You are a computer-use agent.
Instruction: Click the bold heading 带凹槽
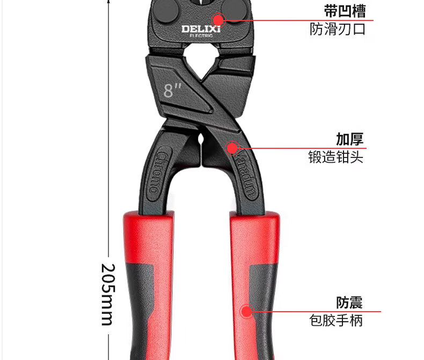[x=345, y=11]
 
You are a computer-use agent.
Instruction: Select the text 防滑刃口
[x=338, y=30]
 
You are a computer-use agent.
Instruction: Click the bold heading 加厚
[x=349, y=139]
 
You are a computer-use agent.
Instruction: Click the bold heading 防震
[x=349, y=302]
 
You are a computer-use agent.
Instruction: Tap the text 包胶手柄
[x=336, y=321]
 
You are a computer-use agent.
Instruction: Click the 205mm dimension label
[x=108, y=294]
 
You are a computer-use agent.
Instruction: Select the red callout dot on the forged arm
[x=232, y=147]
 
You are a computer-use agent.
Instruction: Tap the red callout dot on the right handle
[x=246, y=311]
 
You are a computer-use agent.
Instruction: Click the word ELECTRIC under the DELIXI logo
[x=201, y=37]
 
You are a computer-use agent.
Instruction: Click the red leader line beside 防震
[x=317, y=311]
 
